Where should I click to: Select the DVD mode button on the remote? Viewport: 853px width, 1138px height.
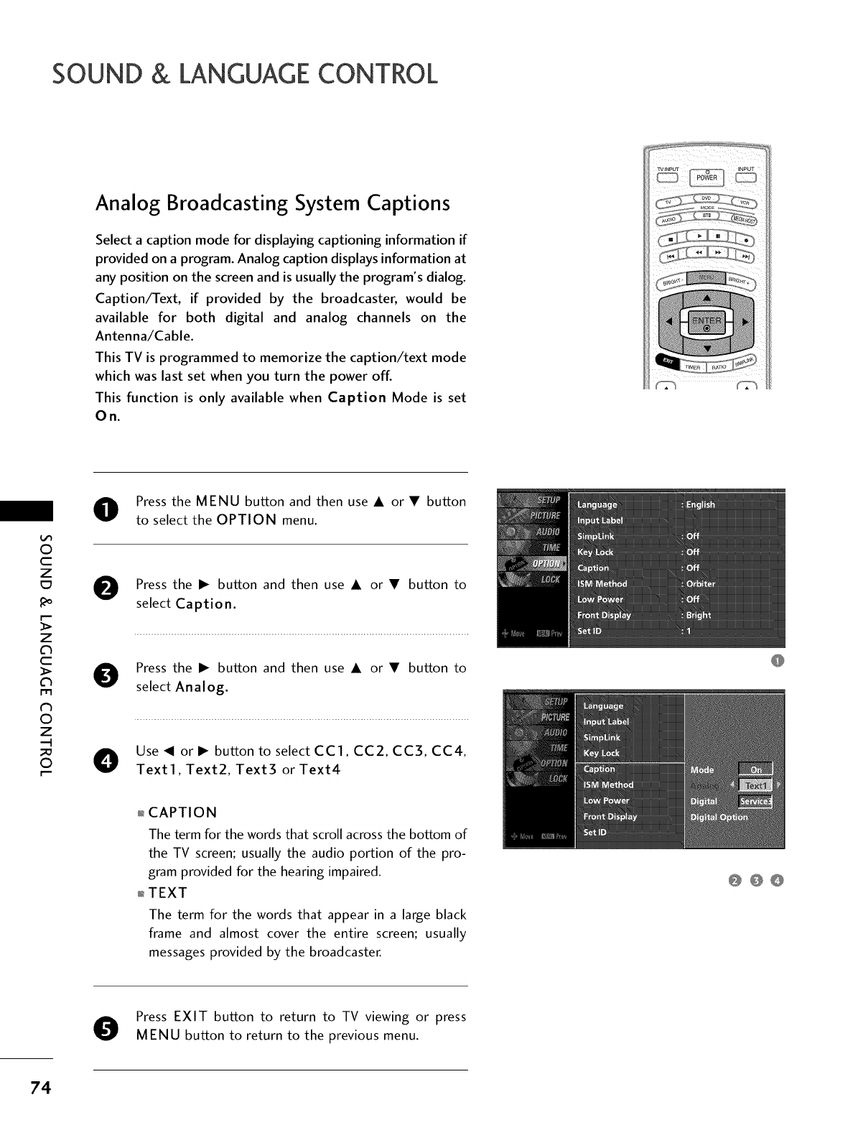pos(707,199)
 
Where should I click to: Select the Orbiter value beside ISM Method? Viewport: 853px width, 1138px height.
pos(701,583)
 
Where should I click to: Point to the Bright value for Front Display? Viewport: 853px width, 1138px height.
pos(698,615)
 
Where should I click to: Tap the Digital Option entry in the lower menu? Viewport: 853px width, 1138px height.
pos(719,817)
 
